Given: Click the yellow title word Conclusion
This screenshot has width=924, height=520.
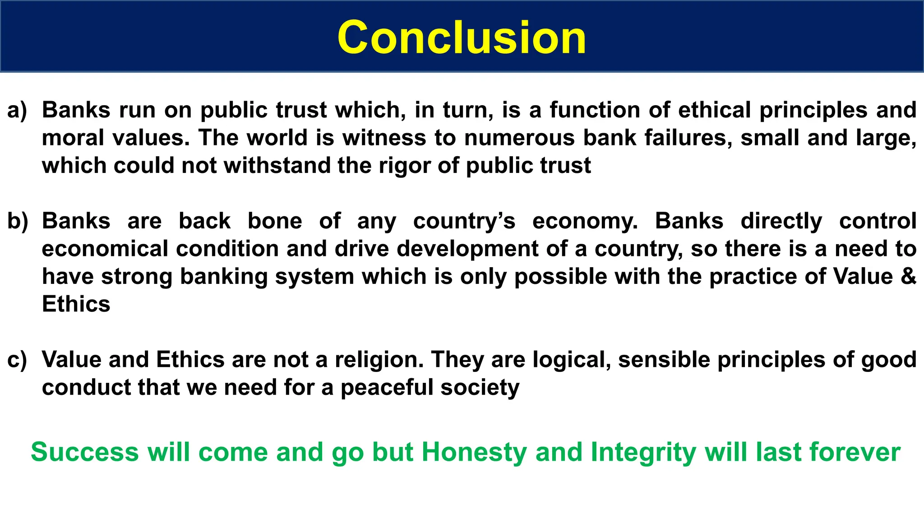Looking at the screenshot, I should (x=462, y=38).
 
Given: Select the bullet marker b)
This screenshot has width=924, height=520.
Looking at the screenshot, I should (x=18, y=221).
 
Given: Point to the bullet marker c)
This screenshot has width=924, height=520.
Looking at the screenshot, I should (x=17, y=360).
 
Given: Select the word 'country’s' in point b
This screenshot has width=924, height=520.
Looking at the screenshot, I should (x=464, y=221).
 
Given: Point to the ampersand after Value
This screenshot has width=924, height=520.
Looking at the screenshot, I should (x=908, y=276).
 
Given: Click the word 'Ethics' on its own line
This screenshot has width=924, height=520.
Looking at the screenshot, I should (x=76, y=304).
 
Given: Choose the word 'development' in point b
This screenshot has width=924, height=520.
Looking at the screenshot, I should (x=467, y=249).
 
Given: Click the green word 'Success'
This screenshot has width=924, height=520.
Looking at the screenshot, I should (x=85, y=452).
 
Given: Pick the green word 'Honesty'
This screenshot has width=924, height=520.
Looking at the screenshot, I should (x=474, y=452).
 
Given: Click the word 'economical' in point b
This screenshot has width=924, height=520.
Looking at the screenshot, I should (x=105, y=249).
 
